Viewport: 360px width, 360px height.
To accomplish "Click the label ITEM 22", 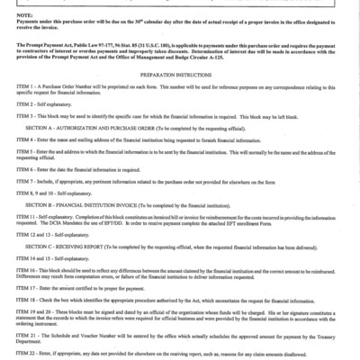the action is tap(13, 358).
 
